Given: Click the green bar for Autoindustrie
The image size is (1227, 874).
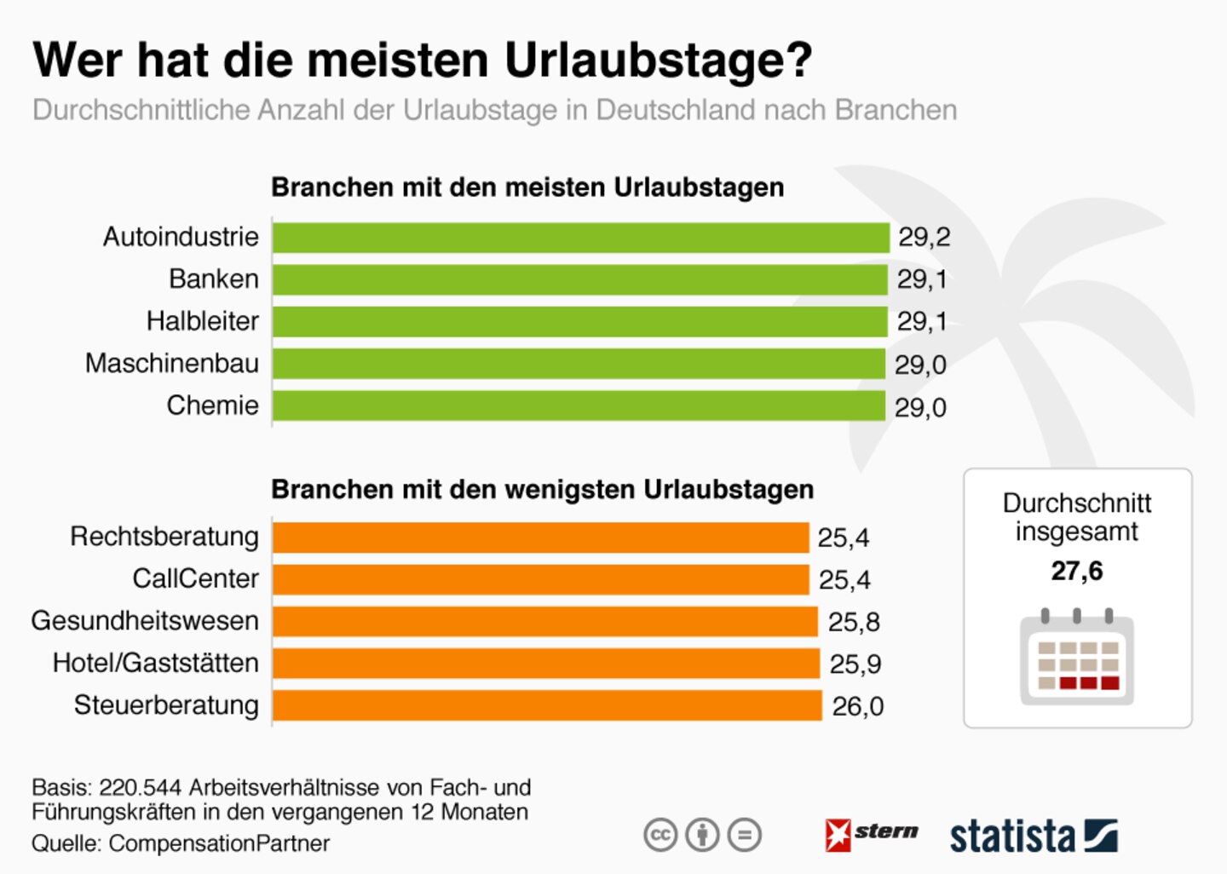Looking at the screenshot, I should click(581, 238).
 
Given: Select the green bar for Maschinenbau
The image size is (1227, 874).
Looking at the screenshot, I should click(579, 364).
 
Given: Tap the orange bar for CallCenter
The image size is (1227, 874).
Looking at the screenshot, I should click(541, 579).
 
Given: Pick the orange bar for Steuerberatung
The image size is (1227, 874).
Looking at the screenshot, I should click(547, 705).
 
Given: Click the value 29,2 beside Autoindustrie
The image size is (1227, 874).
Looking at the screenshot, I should click(925, 237).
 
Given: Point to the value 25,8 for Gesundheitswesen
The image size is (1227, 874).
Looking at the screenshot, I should click(854, 622).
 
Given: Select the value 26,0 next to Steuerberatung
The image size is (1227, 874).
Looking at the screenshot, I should click(857, 706).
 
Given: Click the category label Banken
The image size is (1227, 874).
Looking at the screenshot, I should click(214, 279).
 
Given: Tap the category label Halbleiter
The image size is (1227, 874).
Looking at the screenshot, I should click(203, 321).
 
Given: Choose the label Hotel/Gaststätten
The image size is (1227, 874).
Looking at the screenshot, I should click(156, 663).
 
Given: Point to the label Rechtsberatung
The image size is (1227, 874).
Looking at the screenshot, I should click(164, 537).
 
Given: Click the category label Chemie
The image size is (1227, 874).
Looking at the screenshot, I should click(213, 405).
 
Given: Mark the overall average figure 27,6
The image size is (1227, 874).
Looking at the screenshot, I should click(1077, 571).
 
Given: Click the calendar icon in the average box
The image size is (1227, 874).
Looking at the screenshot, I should click(1077, 658).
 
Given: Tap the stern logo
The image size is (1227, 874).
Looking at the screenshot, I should click(871, 834).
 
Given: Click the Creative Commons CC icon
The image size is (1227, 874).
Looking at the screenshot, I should click(660, 835).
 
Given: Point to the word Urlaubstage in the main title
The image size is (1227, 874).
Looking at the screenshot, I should click(658, 60).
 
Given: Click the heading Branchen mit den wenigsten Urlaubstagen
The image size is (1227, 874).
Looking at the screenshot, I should click(543, 490).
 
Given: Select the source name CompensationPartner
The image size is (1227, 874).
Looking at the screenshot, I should click(219, 843).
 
